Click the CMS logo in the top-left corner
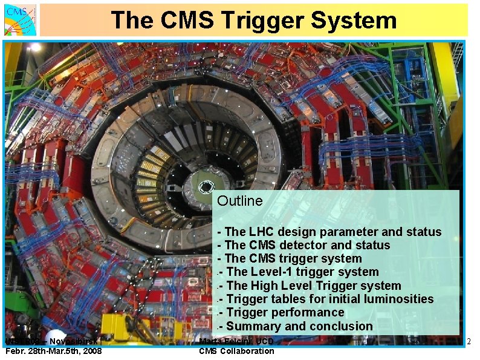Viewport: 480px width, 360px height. pyautogui.click(x=21, y=19)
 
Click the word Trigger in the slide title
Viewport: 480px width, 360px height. pyautogui.click(x=264, y=20)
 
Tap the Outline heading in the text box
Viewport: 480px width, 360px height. pyautogui.click(x=240, y=201)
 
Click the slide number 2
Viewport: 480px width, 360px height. pyautogui.click(x=469, y=342)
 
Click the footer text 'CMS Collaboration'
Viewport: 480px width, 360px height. pyautogui.click(x=236, y=352)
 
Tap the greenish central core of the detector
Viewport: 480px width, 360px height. pyautogui.click(x=206, y=182)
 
